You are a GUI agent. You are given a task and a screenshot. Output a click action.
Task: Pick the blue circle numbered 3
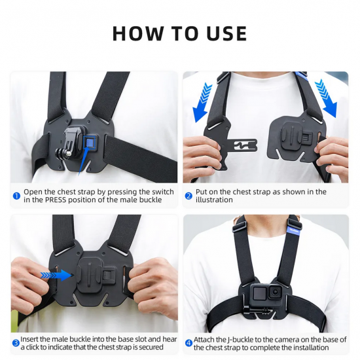[16, 342]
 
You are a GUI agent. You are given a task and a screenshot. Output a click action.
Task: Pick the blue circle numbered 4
[189, 342]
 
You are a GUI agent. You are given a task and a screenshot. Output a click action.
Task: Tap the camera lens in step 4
[276, 292]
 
